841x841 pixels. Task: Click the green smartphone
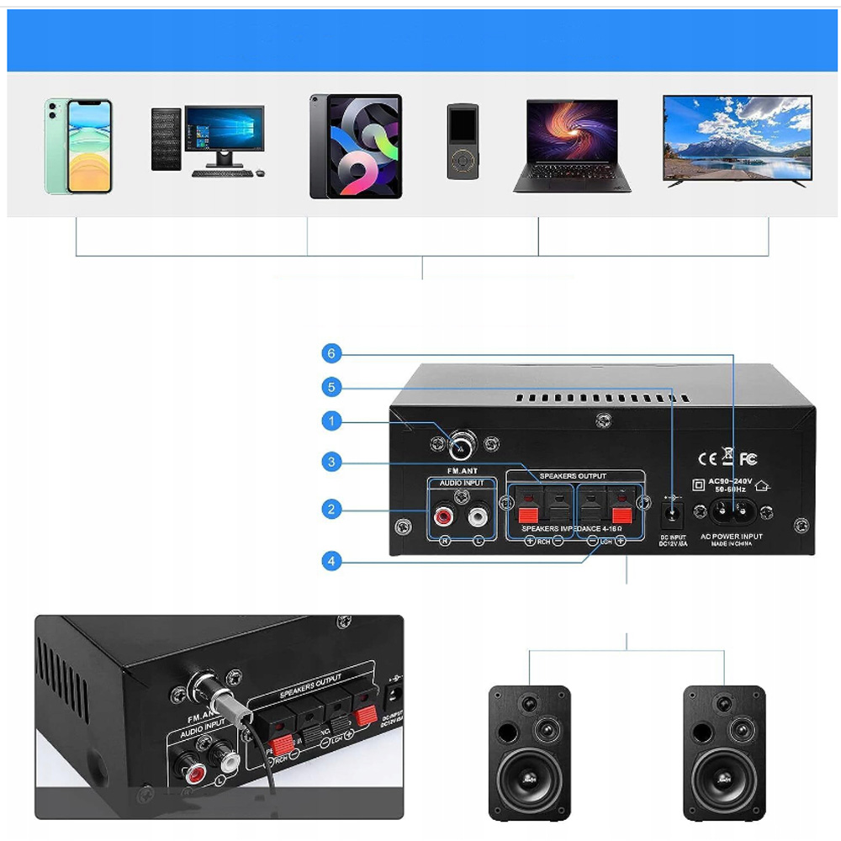point(78,146)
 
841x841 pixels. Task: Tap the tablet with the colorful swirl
point(355,146)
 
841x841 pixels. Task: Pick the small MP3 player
point(462,140)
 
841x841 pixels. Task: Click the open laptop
point(572,144)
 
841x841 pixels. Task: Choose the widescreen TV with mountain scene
point(738,138)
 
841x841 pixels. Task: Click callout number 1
point(332,420)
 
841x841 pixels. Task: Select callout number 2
point(332,509)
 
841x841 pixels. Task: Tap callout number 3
point(332,462)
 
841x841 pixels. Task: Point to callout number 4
point(332,561)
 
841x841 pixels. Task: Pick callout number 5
point(332,387)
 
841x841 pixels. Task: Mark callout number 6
point(332,354)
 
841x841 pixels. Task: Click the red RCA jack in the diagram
point(442,513)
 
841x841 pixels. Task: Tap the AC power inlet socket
point(728,510)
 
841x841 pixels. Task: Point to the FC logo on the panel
point(748,458)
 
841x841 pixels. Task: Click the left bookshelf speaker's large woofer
point(530,780)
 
